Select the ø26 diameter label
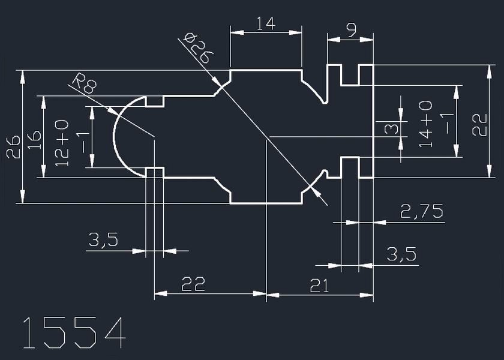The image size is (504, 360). (199, 49)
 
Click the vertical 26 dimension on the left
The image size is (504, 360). (13, 146)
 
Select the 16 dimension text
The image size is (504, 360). (35, 139)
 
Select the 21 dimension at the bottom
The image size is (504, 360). (319, 286)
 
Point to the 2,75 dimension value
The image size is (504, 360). (422, 211)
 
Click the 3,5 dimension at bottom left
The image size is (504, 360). (104, 241)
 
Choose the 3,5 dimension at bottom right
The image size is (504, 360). (401, 254)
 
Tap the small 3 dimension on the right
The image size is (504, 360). (391, 127)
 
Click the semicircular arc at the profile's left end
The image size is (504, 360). (115, 136)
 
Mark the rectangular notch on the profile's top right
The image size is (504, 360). (350, 75)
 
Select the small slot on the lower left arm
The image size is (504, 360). (155, 172)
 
